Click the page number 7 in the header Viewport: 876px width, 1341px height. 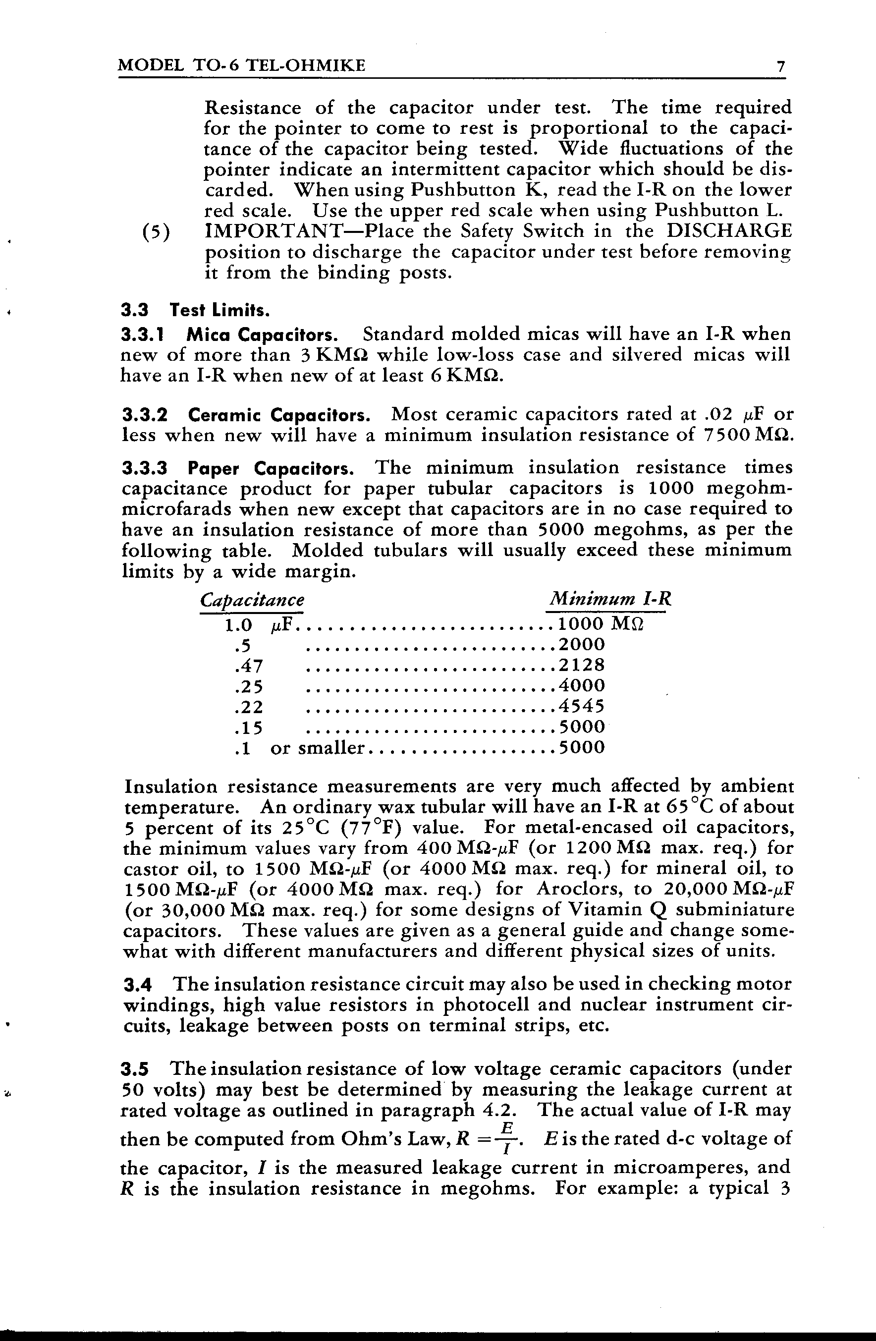tap(780, 66)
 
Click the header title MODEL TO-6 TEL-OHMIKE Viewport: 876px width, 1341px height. tap(242, 66)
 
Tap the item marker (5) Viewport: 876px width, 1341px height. tap(156, 232)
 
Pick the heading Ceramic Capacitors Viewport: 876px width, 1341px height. tap(279, 415)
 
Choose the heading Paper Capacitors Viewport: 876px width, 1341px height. tap(271, 468)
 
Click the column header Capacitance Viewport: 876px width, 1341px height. tap(252, 600)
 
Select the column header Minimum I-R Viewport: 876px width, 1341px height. tap(610, 598)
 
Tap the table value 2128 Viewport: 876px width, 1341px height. tap(581, 665)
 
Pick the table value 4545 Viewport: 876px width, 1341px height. tap(581, 706)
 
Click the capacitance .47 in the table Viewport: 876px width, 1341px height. tap(248, 666)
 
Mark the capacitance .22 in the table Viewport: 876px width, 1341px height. tap(248, 707)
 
